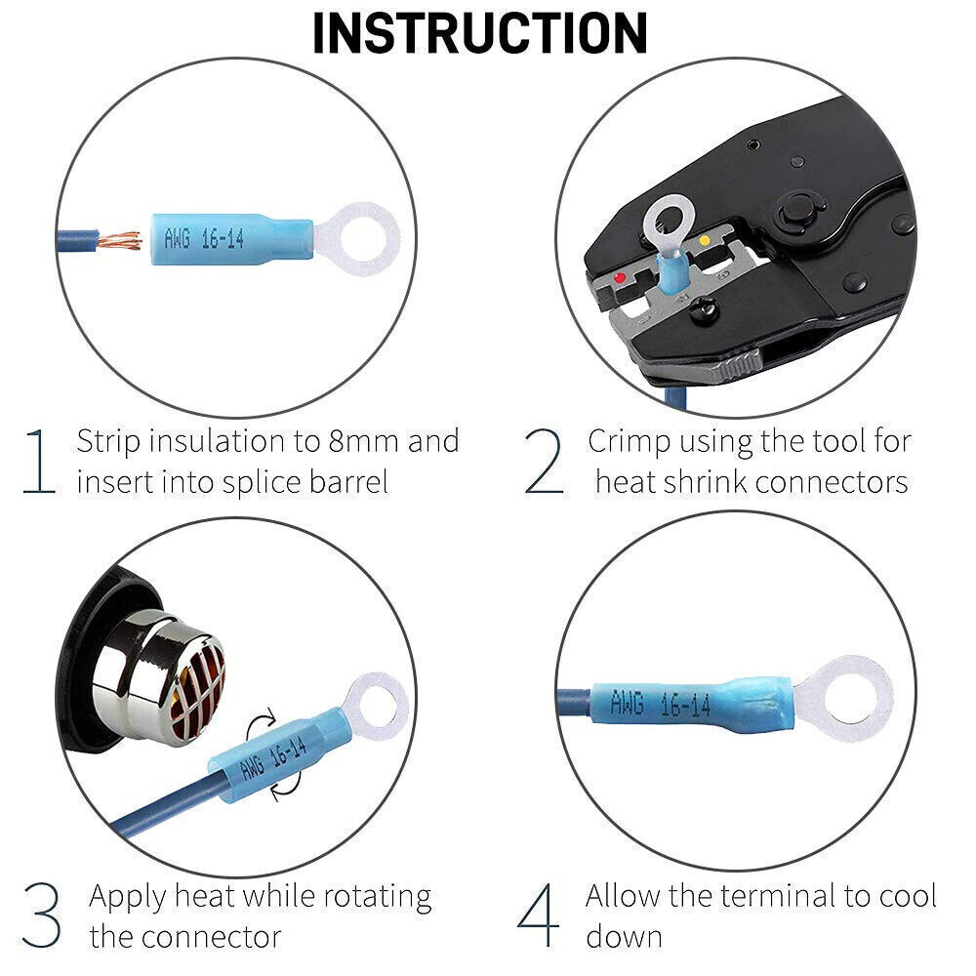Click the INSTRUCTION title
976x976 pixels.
pyautogui.click(x=480, y=33)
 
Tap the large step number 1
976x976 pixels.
pyautogui.click(x=40, y=462)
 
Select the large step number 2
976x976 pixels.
pyautogui.click(x=544, y=462)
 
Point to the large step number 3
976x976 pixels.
pyautogui.click(x=41, y=915)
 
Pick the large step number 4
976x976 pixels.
pyautogui.click(x=539, y=915)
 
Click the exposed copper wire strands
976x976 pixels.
pyautogui.click(x=119, y=240)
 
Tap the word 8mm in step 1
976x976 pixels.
pyautogui.click(x=363, y=441)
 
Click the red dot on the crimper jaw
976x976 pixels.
pyautogui.click(x=620, y=277)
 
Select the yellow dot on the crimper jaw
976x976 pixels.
pyautogui.click(x=705, y=240)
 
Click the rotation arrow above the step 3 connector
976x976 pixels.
pyautogui.click(x=262, y=725)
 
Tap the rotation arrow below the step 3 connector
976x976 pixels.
pyautogui.click(x=287, y=786)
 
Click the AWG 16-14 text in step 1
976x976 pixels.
pyautogui.click(x=204, y=238)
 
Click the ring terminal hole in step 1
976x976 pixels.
pyautogui.click(x=358, y=236)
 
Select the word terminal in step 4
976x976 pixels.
pyautogui.click(x=775, y=896)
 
